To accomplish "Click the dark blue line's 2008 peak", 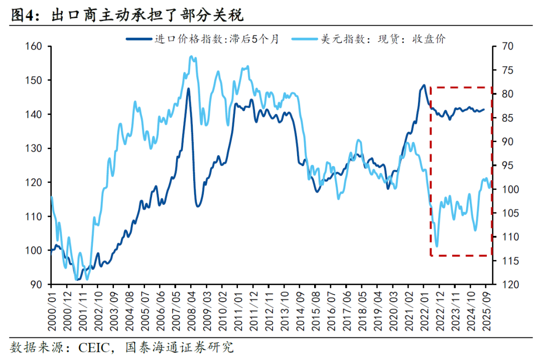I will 189,89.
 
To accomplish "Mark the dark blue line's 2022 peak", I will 424,85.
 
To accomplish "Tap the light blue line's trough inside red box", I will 437,246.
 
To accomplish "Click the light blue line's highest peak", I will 191,57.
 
